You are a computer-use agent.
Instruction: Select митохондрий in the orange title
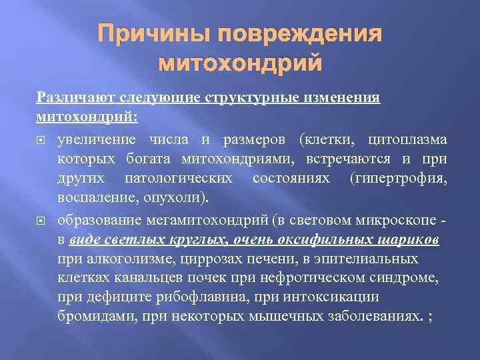point(240,63)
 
